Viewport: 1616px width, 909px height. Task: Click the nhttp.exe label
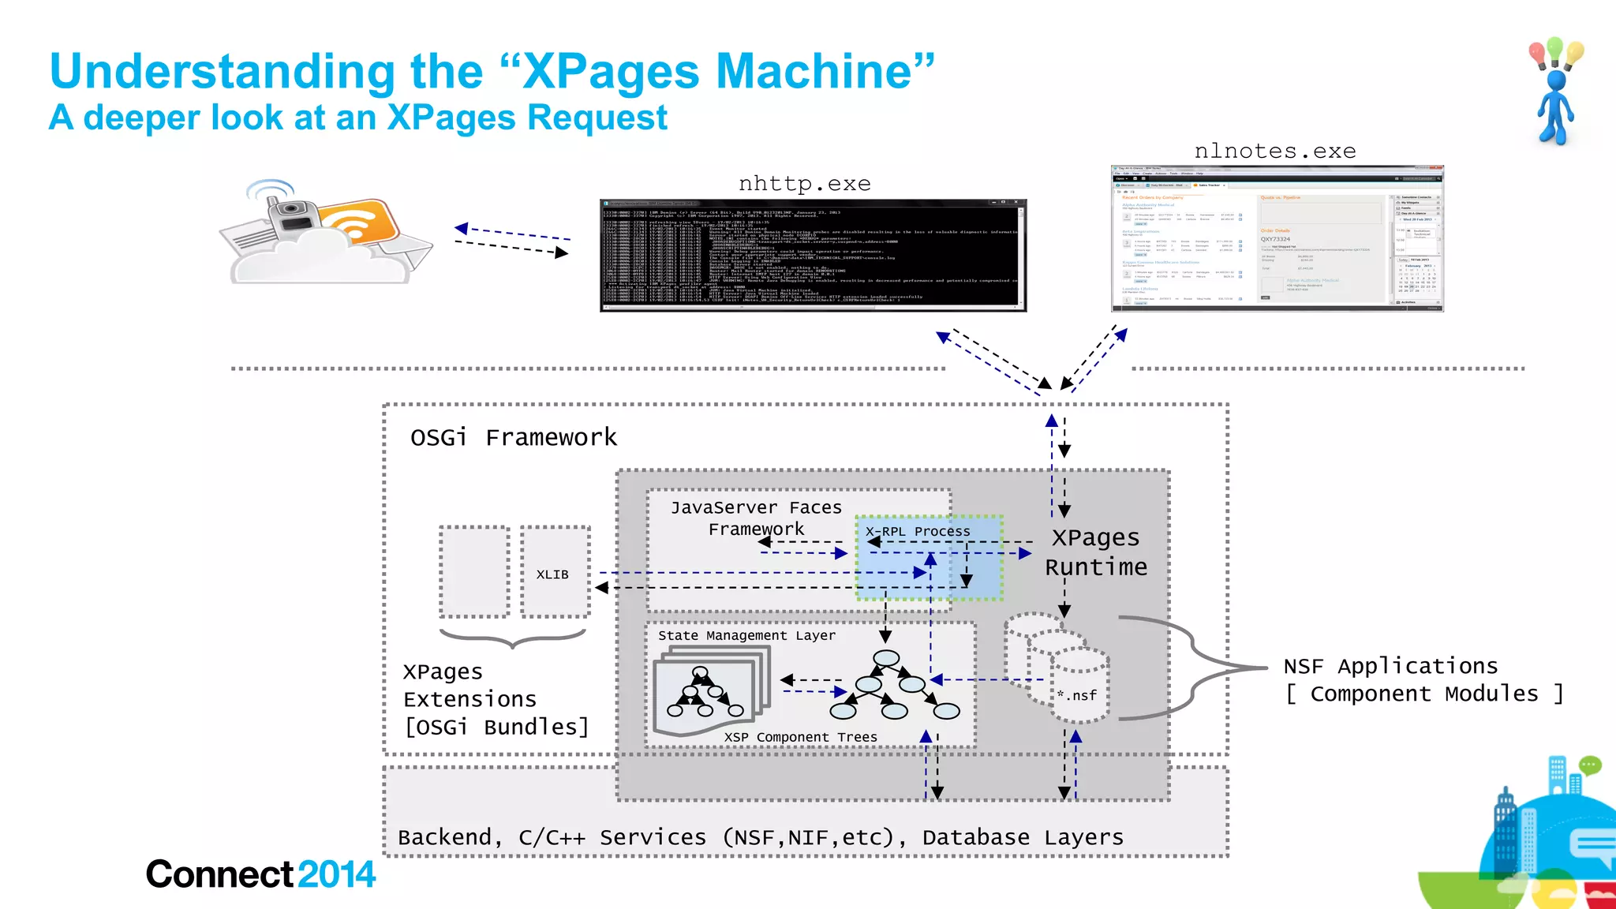(804, 184)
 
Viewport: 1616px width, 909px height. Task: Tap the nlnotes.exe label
(1274, 151)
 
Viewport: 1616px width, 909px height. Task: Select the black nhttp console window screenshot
(813, 256)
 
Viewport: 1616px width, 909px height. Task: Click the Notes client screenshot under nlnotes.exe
(1277, 239)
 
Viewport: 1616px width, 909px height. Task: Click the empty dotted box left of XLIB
(474, 571)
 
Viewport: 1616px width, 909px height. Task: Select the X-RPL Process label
(918, 531)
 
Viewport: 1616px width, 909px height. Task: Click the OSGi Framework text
(514, 437)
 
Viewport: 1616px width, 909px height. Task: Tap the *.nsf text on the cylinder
(1077, 695)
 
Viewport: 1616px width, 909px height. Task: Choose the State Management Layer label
(746, 635)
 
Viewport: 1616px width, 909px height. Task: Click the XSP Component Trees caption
(800, 737)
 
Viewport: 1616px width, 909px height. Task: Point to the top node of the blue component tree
(886, 658)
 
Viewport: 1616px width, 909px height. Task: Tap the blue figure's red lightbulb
(1537, 54)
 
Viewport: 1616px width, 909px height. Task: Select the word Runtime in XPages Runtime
(1096, 567)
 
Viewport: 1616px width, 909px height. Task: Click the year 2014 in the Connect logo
(336, 874)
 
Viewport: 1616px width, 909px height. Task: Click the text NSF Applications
(1390, 666)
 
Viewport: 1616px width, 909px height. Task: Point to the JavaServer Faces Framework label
(756, 518)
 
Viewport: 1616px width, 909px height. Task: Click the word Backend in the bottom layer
(445, 837)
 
